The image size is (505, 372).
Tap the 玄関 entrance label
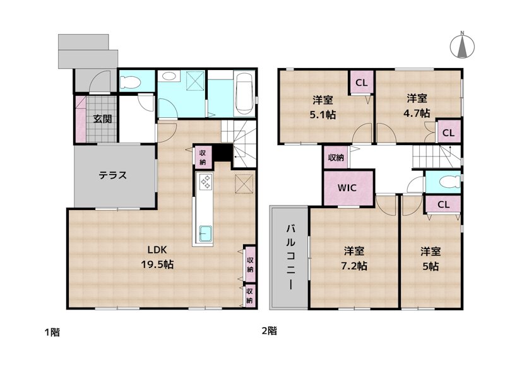click(103, 119)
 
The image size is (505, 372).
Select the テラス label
click(113, 175)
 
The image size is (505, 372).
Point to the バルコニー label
click(290, 256)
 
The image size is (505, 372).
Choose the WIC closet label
click(347, 188)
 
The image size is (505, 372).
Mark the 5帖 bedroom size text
click(431, 265)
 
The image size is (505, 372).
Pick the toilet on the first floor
click(132, 81)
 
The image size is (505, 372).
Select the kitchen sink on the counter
click(206, 231)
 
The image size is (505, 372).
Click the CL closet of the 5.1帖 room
click(362, 83)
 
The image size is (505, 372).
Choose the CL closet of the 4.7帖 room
click(448, 132)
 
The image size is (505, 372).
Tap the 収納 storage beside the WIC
click(335, 157)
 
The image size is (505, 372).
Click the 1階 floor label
click(52, 332)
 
